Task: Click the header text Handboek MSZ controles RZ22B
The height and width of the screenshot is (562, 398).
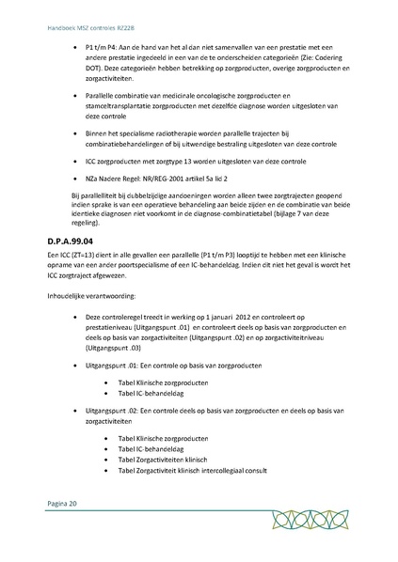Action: coord(84,14)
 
